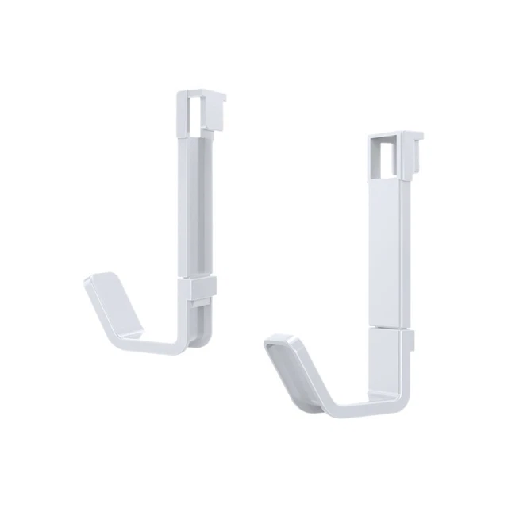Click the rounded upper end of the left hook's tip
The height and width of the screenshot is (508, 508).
104,279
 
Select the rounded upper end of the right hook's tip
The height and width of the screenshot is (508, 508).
282,343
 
